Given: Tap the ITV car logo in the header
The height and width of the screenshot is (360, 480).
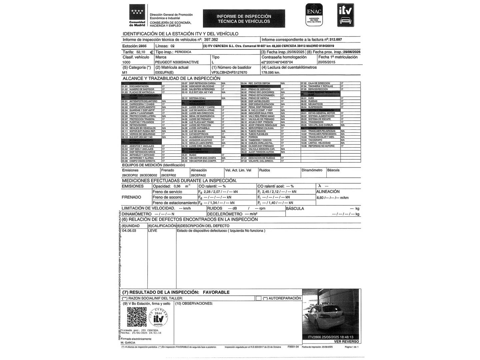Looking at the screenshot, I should point(345,15).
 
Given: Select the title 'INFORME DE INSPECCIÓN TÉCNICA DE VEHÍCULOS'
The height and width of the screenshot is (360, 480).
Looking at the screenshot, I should point(244,19).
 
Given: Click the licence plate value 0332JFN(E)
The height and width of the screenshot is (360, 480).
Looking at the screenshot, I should point(164,72).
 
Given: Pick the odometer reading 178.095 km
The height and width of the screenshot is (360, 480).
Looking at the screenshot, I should point(271,72).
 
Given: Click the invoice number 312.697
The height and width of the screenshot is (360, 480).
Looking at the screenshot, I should point(336,40).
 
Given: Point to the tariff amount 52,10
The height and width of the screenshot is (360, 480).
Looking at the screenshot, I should point(141,52).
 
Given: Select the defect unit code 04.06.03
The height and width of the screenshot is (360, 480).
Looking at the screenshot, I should point(129,231).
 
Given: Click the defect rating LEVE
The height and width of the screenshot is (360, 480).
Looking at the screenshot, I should point(153,231).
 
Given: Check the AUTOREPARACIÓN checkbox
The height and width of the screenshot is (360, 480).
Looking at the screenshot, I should point(258,298).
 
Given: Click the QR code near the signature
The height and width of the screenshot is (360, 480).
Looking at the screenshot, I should point(137,317).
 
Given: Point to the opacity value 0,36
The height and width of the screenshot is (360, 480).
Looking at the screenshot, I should point(177,186).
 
